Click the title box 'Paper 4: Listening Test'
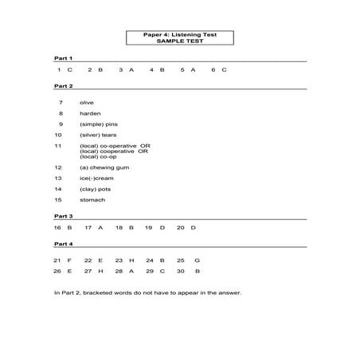pyautogui.click(x=180, y=38)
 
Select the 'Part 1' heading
pyautogui.click(x=63, y=58)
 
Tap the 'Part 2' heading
pyautogui.click(x=63, y=86)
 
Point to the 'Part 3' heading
pyautogui.click(x=63, y=216)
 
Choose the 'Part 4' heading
pyautogui.click(x=63, y=244)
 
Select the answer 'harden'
pyautogui.click(x=90, y=114)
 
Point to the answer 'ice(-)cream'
pyautogui.click(x=96, y=178)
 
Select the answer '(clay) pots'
pyautogui.click(x=95, y=190)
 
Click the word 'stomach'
pyautogui.click(x=92, y=200)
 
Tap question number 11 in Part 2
pyautogui.click(x=58, y=147)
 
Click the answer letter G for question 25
pyautogui.click(x=197, y=260)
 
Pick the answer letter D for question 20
pyautogui.click(x=194, y=228)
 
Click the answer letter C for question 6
pyautogui.click(x=225, y=70)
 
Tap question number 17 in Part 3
pyautogui.click(x=88, y=228)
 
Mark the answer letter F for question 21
pyautogui.click(x=69, y=260)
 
